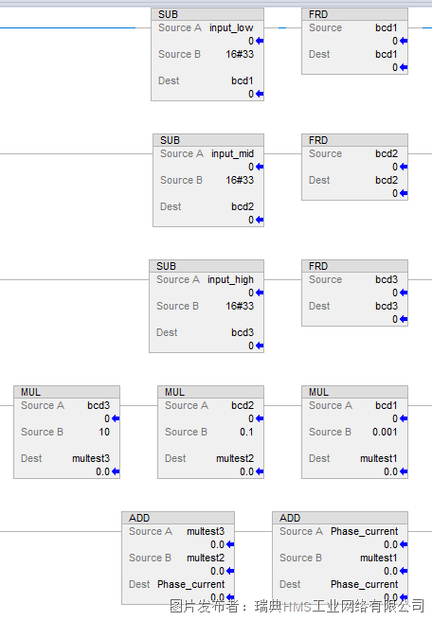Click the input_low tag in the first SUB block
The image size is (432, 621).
point(231,28)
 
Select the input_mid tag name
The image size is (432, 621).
point(232,154)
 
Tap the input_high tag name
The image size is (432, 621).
point(230,280)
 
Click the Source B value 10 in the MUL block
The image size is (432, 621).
point(104,432)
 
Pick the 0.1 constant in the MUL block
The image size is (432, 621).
point(246,432)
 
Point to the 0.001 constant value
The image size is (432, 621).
point(385,432)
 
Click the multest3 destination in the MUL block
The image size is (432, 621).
point(91,458)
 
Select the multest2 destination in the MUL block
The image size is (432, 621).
point(235,458)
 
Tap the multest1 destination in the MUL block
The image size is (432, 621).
point(379,458)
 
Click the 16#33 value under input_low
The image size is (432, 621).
point(240,54)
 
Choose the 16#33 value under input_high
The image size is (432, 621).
point(240,306)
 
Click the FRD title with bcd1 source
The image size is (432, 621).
point(318,14)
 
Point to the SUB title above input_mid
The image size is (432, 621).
point(170,141)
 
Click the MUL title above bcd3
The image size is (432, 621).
point(30,393)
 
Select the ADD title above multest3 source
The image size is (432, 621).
point(139,519)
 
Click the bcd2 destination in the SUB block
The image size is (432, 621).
point(243,206)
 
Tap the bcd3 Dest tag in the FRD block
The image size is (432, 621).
point(387,306)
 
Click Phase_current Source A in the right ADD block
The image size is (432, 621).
point(364,531)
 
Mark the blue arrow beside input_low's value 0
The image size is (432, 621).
point(260,41)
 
